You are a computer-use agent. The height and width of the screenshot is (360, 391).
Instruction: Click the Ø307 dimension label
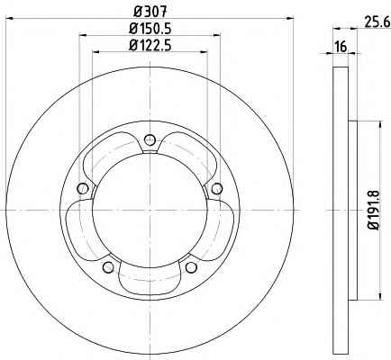click(x=150, y=12)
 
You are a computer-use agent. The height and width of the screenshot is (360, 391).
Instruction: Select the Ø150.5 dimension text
click(x=150, y=29)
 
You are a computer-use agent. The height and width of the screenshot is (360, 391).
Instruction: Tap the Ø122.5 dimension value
click(x=150, y=46)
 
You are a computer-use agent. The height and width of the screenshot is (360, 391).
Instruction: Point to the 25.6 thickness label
click(x=377, y=22)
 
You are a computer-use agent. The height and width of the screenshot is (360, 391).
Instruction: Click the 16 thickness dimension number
click(x=341, y=47)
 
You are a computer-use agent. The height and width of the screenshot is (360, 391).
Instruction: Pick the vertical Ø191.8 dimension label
click(x=375, y=210)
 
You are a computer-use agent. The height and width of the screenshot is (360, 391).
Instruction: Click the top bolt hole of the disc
click(x=150, y=139)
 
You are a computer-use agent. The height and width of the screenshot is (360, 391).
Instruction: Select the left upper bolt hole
click(x=83, y=188)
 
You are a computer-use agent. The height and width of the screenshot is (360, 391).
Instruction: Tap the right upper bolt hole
click(x=217, y=188)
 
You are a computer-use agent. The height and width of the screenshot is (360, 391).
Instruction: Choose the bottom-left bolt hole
click(x=108, y=267)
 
